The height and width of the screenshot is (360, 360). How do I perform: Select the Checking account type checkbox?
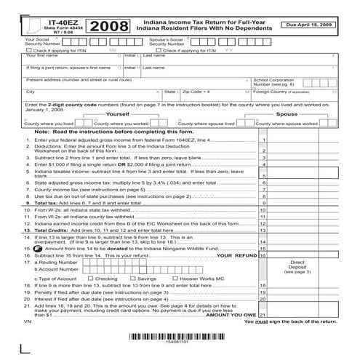[x=89, y=278]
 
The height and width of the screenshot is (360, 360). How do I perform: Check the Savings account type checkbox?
[x=133, y=278]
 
